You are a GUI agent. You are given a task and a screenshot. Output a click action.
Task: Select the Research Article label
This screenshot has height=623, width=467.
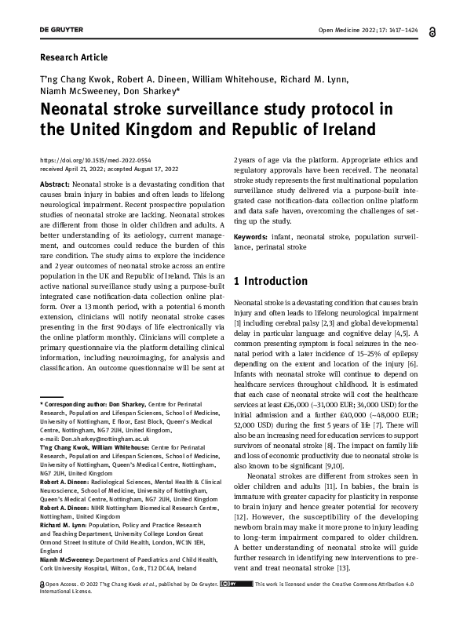[x=73, y=57]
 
